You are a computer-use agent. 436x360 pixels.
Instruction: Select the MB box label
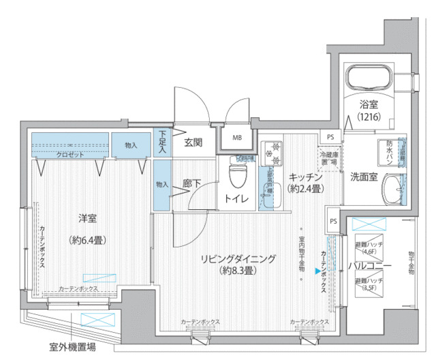[237, 138]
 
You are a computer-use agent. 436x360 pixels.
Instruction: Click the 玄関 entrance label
[193, 143]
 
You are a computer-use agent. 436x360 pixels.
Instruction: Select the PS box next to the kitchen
[330, 137]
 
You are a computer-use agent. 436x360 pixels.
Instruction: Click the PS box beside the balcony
[333, 221]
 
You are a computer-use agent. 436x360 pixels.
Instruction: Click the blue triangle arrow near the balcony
[317, 271]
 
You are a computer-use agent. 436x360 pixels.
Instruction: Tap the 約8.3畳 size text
[237, 271]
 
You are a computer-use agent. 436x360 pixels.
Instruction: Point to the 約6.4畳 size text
[87, 239]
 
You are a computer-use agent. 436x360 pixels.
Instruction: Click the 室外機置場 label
[72, 346]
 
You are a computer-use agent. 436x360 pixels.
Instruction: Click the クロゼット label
[70, 155]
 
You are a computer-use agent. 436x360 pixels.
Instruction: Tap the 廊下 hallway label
[191, 183]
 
